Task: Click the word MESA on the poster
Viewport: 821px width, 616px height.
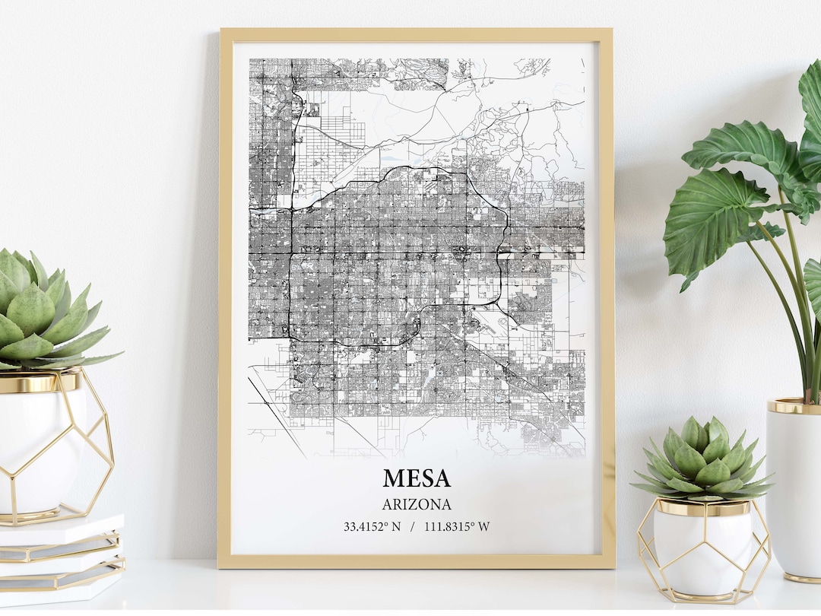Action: tap(417, 478)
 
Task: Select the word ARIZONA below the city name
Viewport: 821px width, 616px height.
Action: tap(417, 504)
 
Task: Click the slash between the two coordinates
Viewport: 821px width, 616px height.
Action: tap(412, 526)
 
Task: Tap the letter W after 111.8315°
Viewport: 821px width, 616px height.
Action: tap(484, 526)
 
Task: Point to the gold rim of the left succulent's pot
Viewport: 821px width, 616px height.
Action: tap(38, 383)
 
